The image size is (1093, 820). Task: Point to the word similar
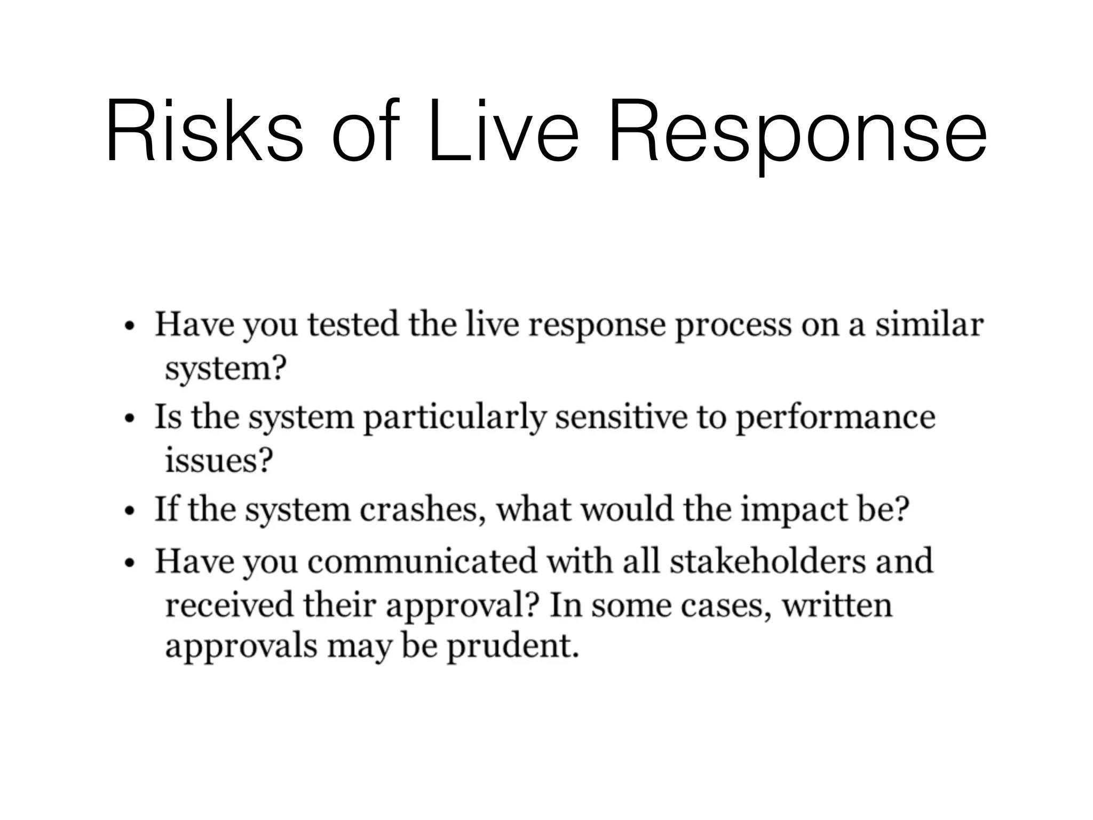929,325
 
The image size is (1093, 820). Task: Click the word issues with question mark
219,460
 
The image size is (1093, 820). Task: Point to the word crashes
422,510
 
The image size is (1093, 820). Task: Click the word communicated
422,561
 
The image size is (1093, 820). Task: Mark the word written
837,605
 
